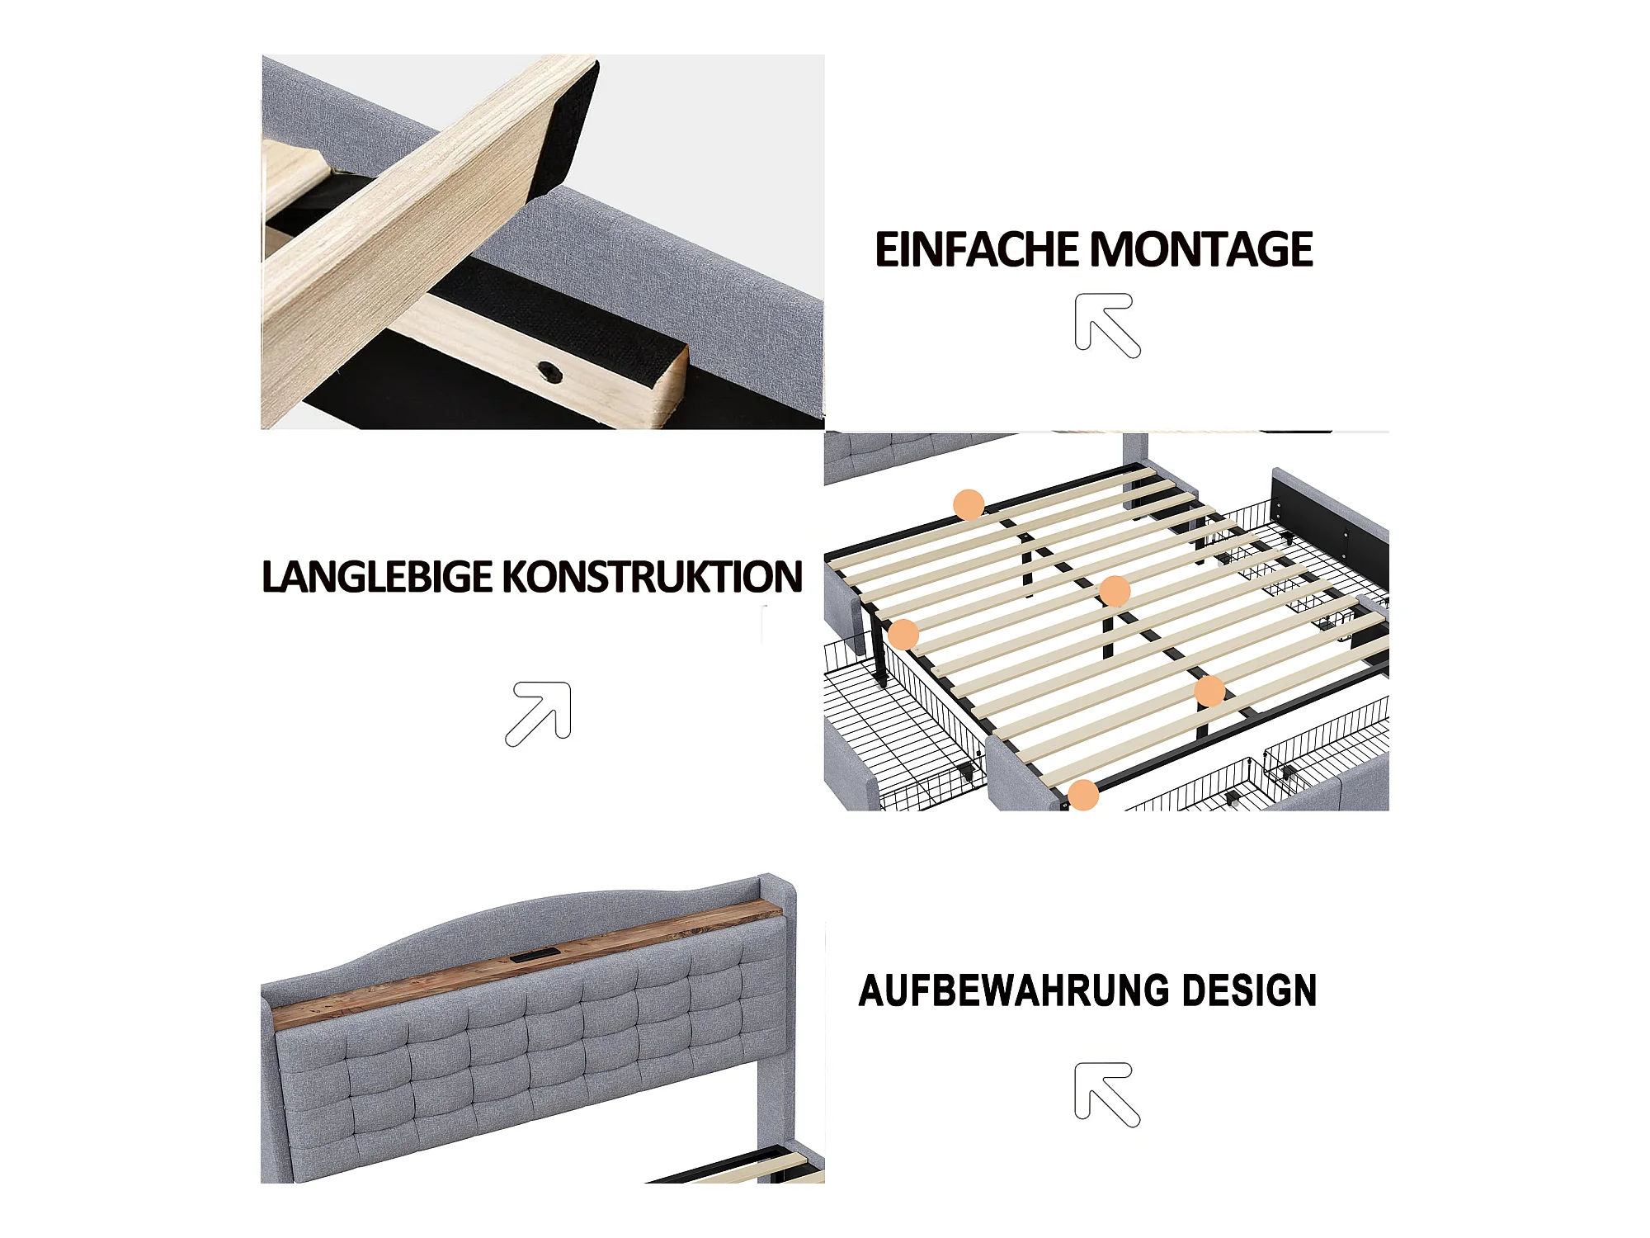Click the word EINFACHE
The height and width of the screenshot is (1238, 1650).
(977, 250)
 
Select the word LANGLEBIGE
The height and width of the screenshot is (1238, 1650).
(376, 577)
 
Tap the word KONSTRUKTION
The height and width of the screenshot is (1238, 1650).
(652, 577)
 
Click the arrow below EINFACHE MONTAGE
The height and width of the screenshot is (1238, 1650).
(1107, 325)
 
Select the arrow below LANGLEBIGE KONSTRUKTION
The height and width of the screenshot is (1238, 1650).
(539, 714)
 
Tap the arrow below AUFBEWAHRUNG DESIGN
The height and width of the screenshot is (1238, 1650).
(1107, 1094)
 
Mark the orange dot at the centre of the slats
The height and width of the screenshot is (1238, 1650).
(1115, 591)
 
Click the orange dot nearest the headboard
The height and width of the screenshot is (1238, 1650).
(969, 503)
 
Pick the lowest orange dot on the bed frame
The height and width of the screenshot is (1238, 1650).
(1083, 795)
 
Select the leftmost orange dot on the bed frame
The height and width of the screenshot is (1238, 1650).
(903, 634)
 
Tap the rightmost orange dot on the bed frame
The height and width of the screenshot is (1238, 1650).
(1209, 692)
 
